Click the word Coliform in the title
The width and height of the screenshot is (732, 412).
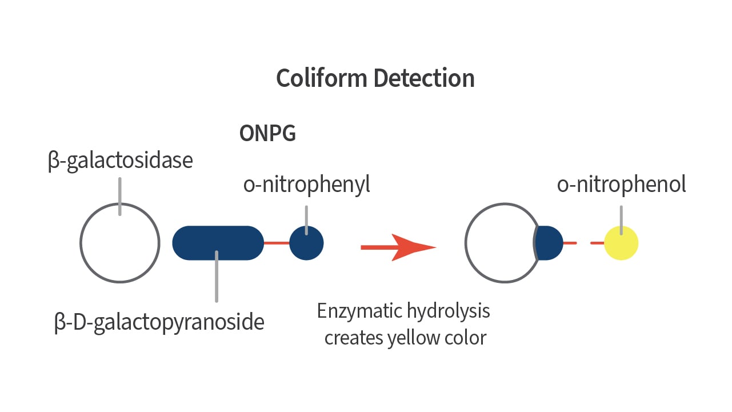click(322, 78)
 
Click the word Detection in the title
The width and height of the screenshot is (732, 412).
click(424, 78)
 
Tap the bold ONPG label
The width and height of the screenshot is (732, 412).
click(267, 133)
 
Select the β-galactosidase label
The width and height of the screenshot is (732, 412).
click(120, 161)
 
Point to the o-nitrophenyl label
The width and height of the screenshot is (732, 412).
click(306, 185)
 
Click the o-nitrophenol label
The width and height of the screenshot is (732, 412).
click(621, 185)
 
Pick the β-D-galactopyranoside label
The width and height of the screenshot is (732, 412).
click(159, 323)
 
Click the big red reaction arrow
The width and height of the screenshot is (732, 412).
click(398, 247)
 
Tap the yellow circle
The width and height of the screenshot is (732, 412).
click(621, 243)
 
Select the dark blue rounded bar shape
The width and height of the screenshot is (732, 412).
click(218, 243)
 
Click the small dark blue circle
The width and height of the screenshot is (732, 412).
click(306, 243)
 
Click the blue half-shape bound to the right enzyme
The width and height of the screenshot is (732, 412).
click(549, 243)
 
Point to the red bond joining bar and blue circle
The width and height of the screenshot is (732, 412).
click(277, 243)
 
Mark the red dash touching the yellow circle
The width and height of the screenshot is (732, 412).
click(597, 243)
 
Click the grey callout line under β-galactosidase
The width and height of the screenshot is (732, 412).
click(120, 197)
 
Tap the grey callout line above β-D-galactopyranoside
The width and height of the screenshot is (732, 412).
click(217, 277)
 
